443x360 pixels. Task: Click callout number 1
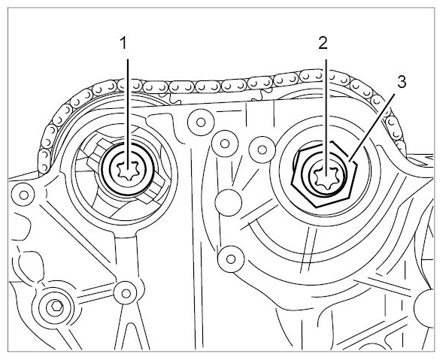(124, 44)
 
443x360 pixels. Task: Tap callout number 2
(323, 44)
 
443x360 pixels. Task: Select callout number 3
(402, 82)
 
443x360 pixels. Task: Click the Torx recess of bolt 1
(128, 171)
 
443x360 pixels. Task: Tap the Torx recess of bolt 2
(327, 178)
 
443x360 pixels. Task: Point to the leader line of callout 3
(372, 129)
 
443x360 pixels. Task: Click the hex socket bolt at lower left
(57, 307)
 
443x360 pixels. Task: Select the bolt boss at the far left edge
(23, 195)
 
